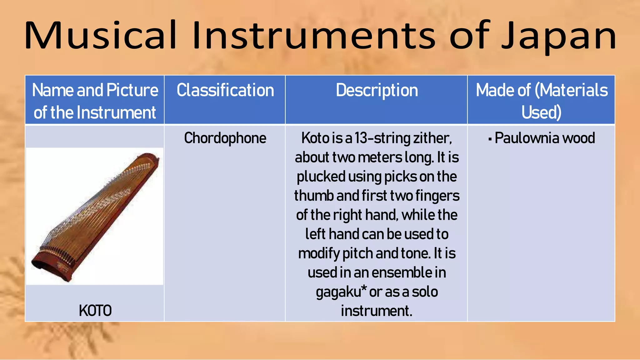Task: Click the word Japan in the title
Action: click(559, 36)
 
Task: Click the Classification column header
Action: click(225, 91)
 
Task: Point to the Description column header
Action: click(377, 91)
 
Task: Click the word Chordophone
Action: click(225, 138)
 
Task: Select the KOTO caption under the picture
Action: click(95, 311)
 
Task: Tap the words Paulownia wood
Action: click(545, 138)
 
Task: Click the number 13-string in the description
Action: click(382, 138)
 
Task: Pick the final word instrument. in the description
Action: click(377, 311)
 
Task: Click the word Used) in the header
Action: click(541, 112)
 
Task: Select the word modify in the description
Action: click(318, 253)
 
